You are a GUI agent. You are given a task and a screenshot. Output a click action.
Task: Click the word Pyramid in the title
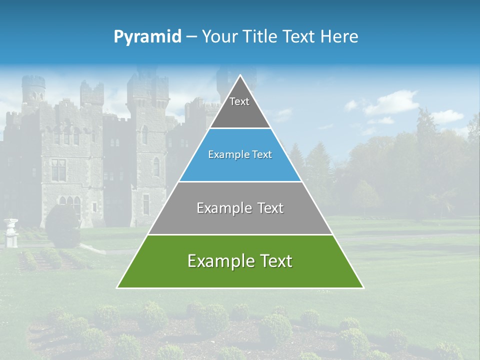tap(147, 37)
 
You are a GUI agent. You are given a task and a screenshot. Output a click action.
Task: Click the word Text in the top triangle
tap(239, 102)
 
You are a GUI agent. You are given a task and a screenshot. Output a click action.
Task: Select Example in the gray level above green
tap(223, 208)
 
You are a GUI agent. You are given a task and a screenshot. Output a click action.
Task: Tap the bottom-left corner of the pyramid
tap(118, 287)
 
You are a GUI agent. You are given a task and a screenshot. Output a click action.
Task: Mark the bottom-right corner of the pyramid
tap(362, 287)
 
